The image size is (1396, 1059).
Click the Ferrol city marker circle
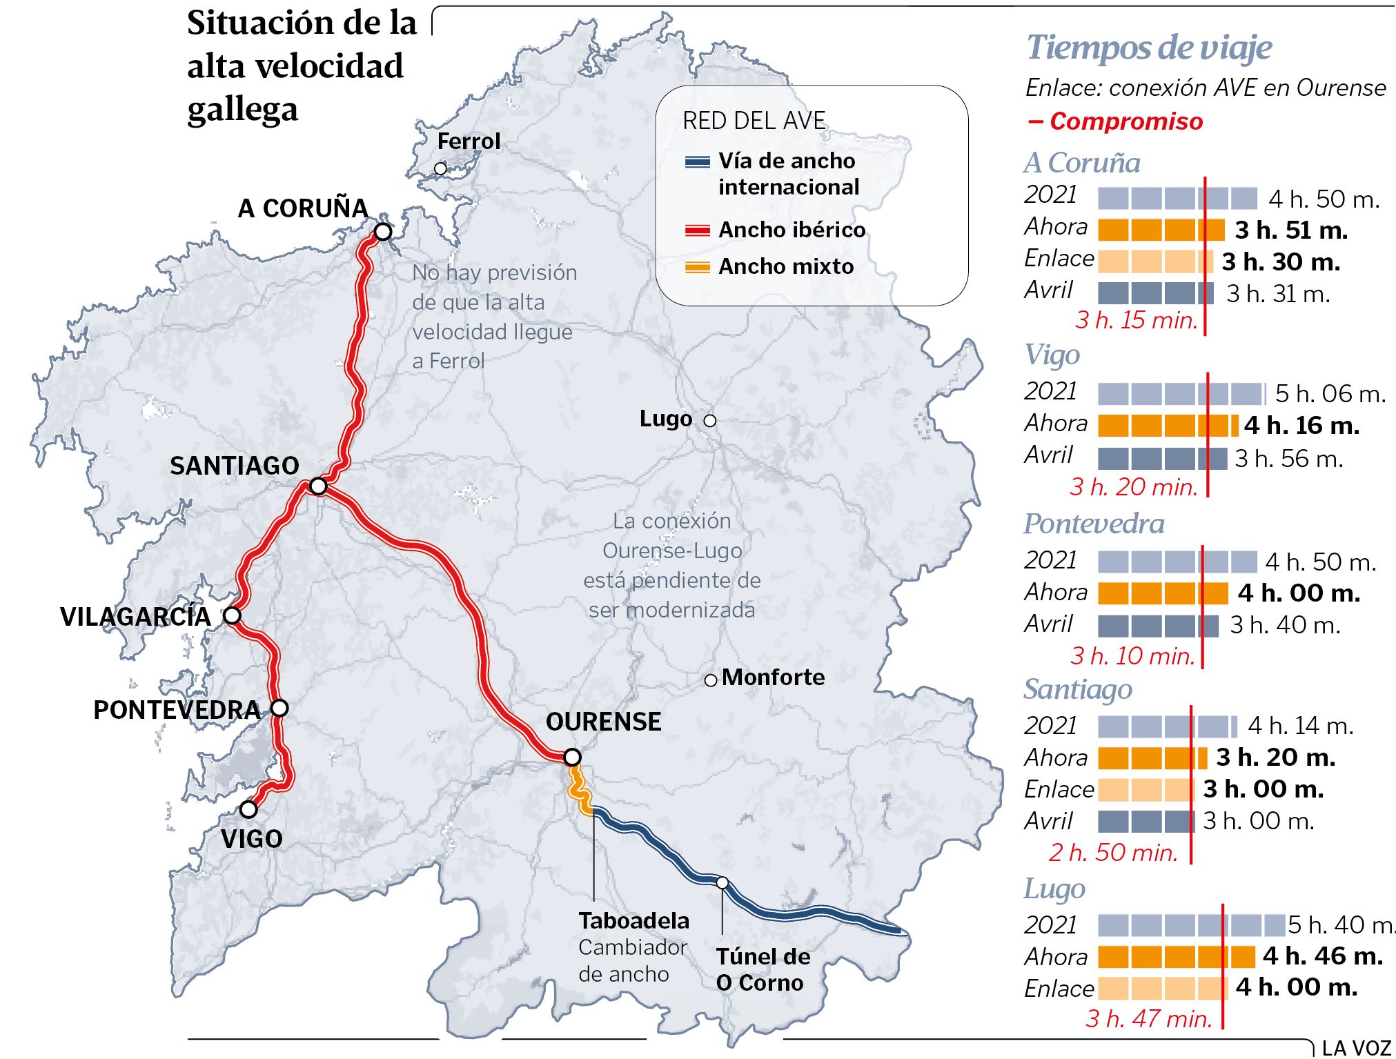point(440,168)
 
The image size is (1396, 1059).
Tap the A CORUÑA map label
point(302,208)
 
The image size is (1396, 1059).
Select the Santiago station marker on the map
point(318,486)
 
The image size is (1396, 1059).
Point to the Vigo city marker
point(248,809)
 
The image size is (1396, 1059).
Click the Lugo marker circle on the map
point(710,420)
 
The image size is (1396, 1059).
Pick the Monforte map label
point(773,677)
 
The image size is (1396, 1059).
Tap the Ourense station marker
point(572,757)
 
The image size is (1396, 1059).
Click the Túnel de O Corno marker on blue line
point(722,882)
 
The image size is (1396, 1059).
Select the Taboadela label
point(633,920)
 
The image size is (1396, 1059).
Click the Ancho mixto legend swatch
point(697,267)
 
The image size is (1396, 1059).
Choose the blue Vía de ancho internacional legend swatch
point(697,162)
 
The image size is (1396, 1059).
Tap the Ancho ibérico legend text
point(792,230)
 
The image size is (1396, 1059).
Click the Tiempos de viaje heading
point(1149,48)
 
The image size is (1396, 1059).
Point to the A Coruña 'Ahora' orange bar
point(1161,230)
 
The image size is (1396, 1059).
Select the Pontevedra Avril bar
point(1158,626)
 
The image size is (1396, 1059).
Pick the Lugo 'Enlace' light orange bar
point(1163,988)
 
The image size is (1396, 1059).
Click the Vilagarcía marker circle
point(233,615)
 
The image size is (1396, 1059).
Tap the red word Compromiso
point(1125,121)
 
